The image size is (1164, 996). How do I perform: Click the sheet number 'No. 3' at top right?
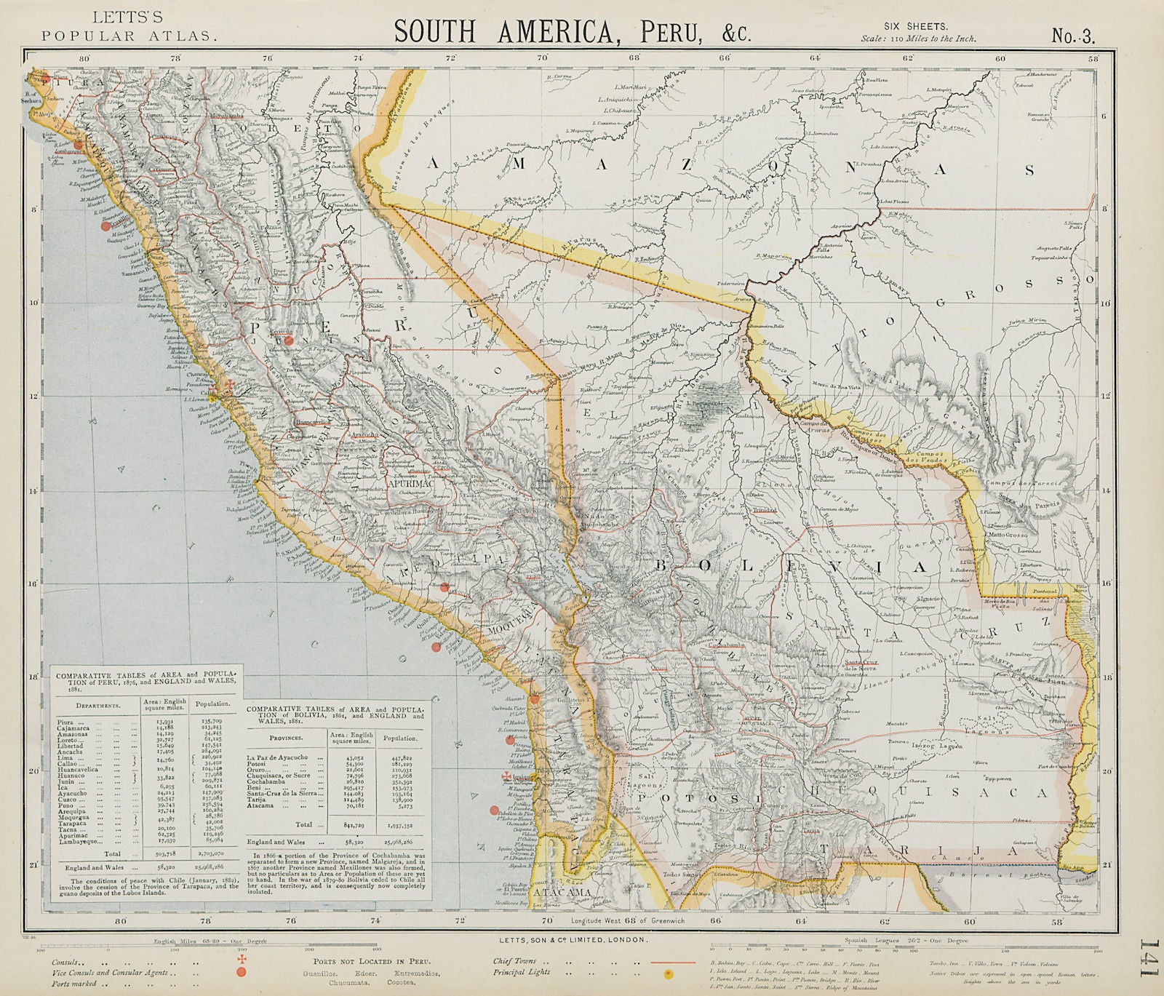(1072, 36)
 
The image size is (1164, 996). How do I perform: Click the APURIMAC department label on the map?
(411, 482)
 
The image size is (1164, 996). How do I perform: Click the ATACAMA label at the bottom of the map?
(561, 892)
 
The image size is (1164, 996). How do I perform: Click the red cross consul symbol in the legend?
(240, 960)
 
